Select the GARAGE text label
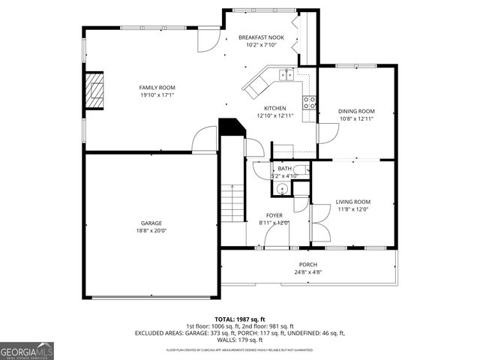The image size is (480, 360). click(151, 223)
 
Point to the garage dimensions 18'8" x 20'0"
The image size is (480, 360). click(151, 231)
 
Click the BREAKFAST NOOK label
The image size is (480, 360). click(262, 37)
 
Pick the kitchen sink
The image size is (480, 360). click(286, 74)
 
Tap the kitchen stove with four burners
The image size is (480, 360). click(308, 103)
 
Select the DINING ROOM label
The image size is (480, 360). click(356, 111)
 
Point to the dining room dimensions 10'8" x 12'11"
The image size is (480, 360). click(356, 118)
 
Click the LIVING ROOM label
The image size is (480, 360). click(352, 202)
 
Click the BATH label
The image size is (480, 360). click(285, 169)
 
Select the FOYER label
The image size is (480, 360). click(274, 215)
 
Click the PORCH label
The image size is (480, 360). click(308, 265)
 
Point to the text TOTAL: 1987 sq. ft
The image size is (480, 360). click(240, 318)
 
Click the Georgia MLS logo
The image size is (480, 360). click(27, 351)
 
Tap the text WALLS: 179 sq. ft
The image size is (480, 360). click(240, 340)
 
